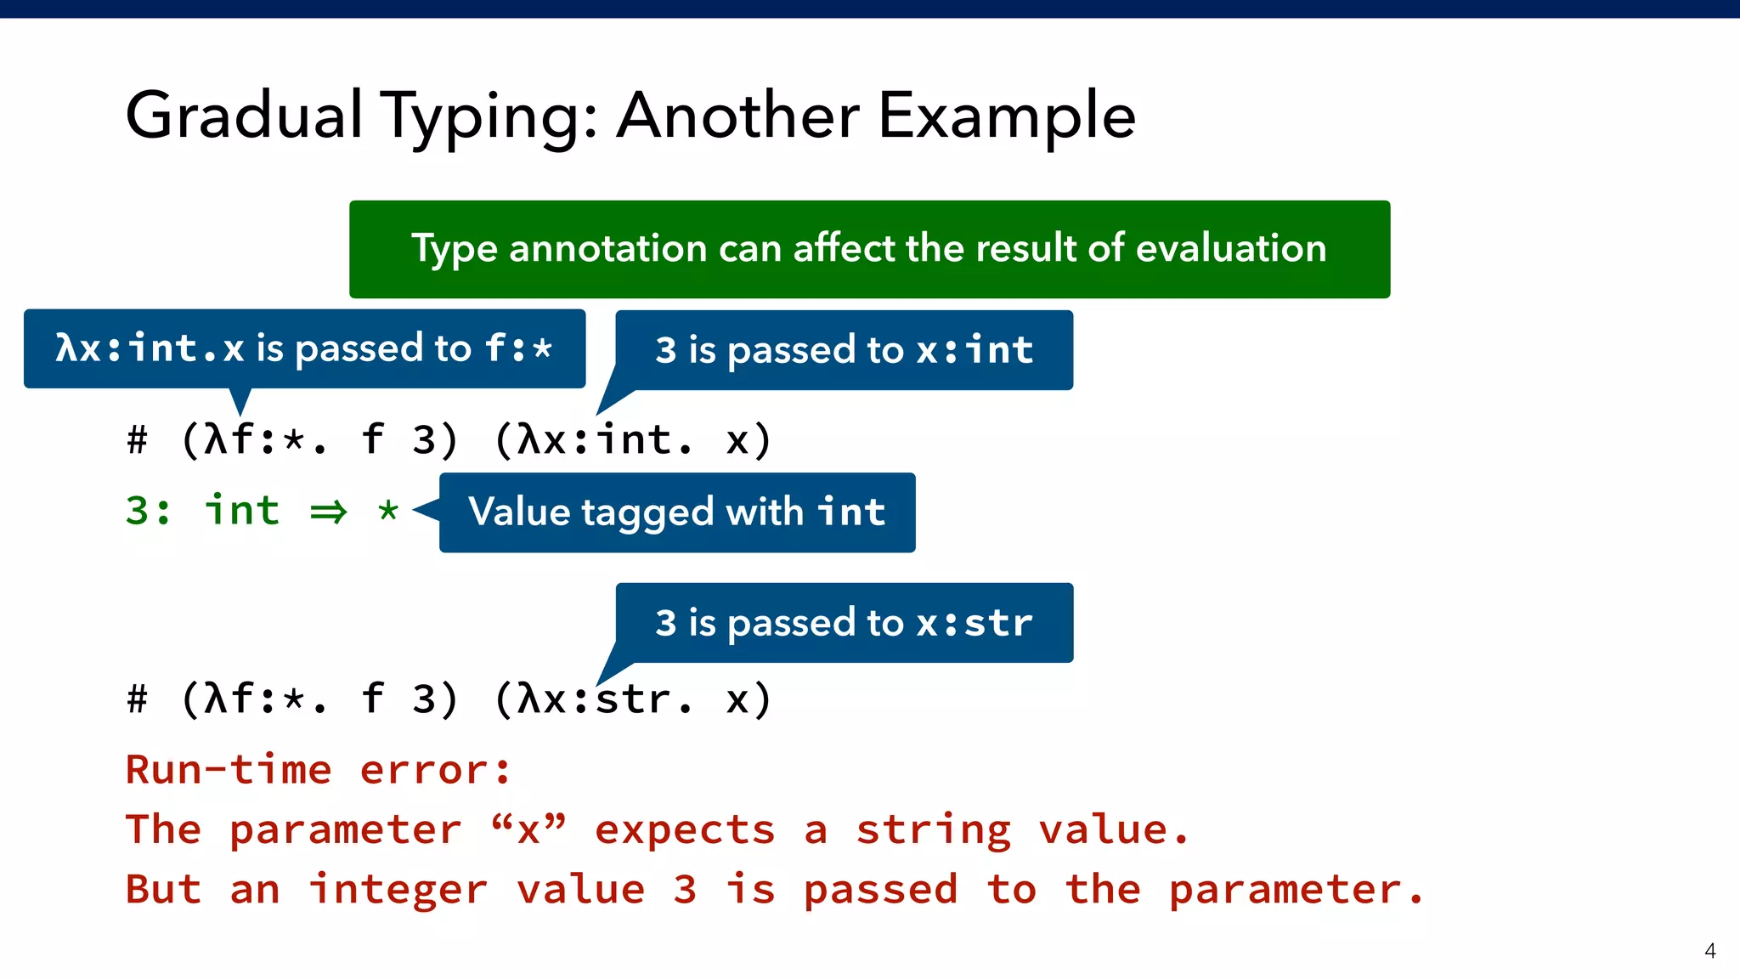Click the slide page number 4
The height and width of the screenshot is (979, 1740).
click(1709, 950)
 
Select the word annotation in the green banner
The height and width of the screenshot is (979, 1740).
click(607, 249)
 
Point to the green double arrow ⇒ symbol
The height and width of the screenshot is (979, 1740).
click(329, 512)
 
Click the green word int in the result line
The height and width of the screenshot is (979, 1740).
click(242, 511)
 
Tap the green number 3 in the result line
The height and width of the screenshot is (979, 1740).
click(138, 511)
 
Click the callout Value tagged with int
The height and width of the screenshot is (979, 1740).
click(676, 512)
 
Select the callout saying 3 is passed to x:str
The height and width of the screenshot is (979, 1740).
click(844, 623)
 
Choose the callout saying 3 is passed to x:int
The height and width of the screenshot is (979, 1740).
click(844, 350)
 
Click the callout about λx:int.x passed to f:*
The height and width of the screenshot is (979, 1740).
click(304, 348)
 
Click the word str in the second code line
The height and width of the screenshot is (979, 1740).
click(633, 699)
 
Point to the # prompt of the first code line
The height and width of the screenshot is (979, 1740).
click(137, 440)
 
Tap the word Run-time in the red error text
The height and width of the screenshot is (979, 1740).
click(228, 770)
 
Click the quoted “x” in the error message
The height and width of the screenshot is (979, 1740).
click(528, 829)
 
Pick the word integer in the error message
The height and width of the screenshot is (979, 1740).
click(398, 891)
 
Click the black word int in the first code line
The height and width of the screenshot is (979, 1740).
click(633, 440)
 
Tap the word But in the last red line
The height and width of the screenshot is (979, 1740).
click(163, 890)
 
